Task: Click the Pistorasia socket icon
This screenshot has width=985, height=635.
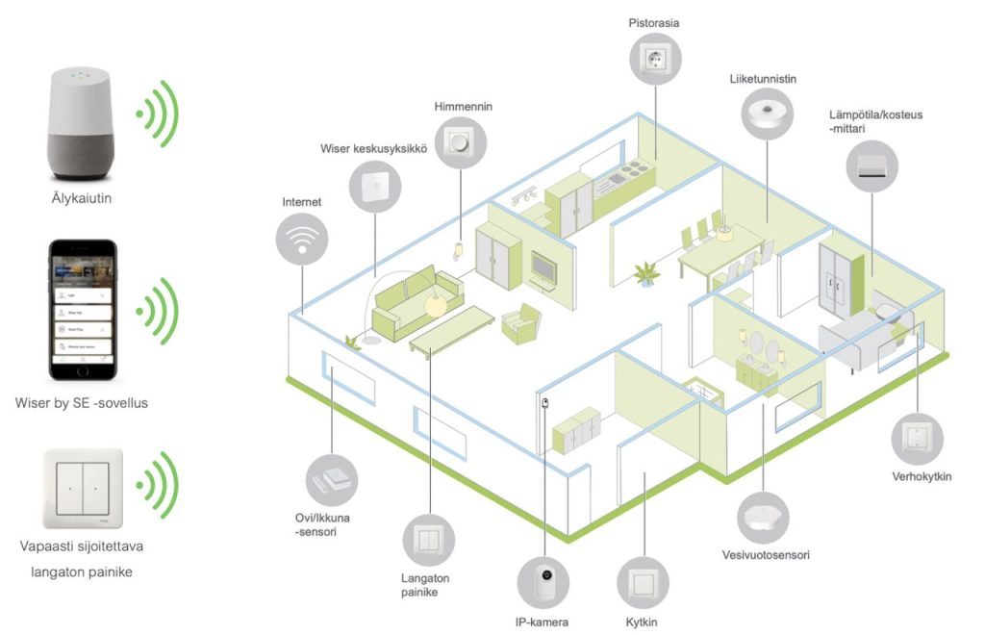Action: (654, 58)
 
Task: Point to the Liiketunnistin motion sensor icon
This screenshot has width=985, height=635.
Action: (768, 115)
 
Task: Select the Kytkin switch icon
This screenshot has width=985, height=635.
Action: (640, 583)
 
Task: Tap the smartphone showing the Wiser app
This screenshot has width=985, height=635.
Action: (83, 310)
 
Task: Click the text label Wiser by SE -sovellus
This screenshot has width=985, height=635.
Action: (82, 402)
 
